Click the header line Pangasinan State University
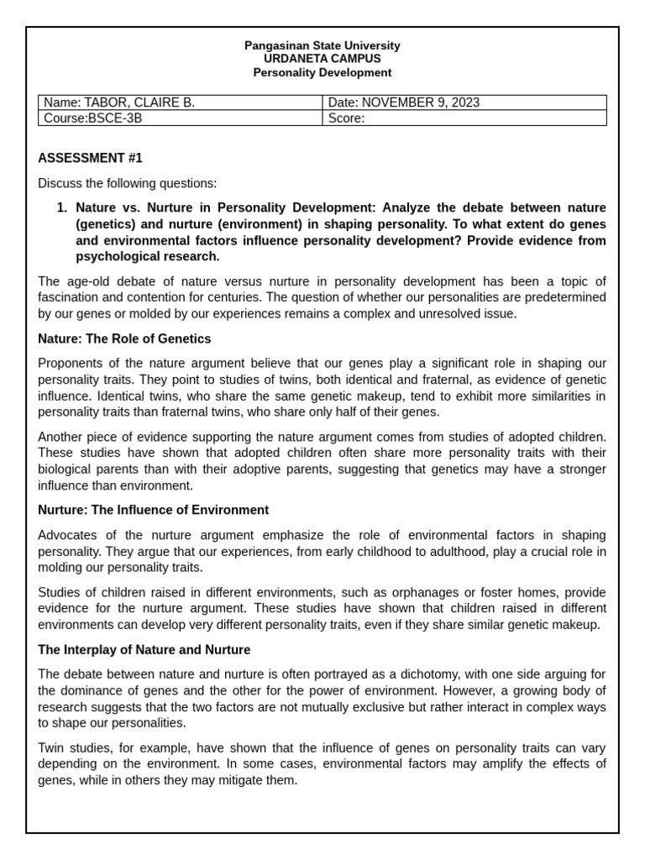point(322,45)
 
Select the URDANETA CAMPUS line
point(322,59)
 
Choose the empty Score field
point(464,118)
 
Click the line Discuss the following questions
point(127,183)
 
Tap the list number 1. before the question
point(61,207)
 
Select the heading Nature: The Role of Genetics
point(124,338)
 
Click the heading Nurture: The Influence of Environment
point(154,510)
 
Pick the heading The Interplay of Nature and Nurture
point(144,650)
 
